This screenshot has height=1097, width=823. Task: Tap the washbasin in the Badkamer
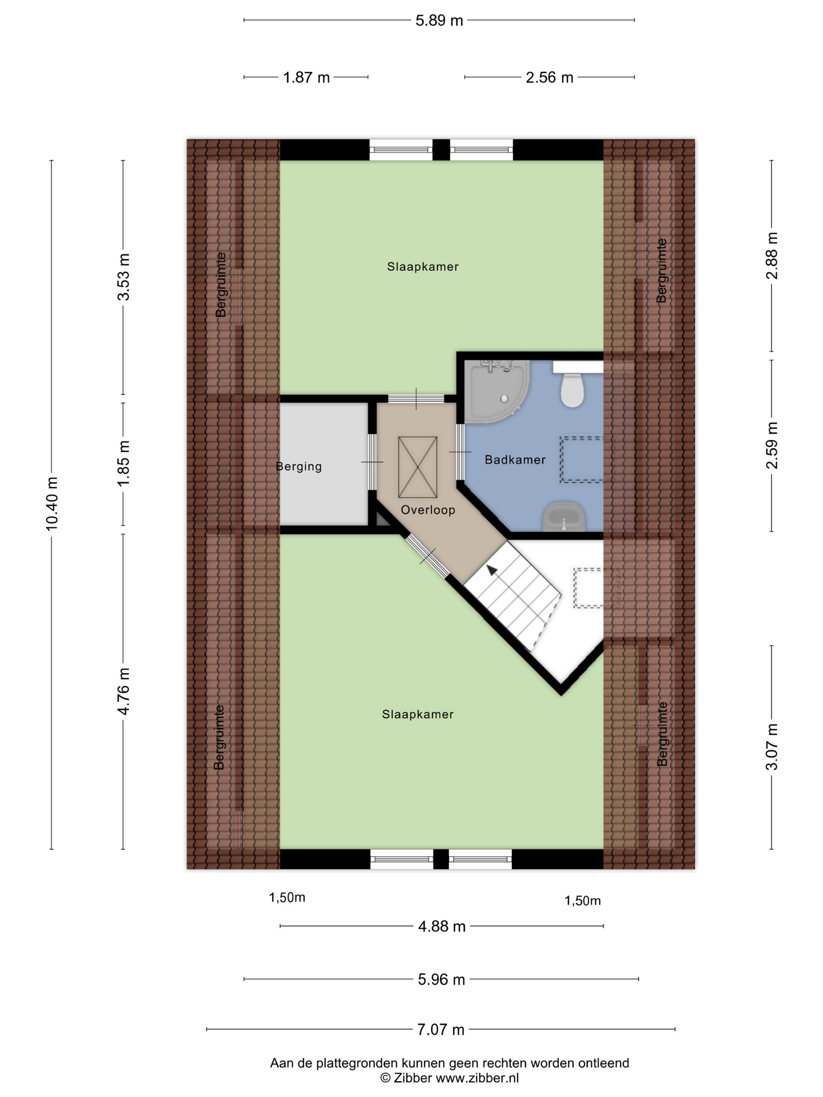(564, 517)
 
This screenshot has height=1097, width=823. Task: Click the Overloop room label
(428, 510)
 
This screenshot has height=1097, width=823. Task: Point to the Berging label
(299, 467)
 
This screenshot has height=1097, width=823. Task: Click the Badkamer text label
(515, 460)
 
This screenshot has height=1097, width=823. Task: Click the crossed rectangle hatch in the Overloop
(418, 467)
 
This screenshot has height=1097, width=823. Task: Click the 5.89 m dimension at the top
(439, 20)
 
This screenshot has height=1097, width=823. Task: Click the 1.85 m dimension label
(123, 463)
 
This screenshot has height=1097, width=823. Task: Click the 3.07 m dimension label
(772, 747)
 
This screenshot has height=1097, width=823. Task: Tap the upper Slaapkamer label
(422, 267)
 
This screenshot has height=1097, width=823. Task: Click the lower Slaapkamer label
(418, 714)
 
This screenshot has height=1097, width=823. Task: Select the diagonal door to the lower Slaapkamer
(428, 556)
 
